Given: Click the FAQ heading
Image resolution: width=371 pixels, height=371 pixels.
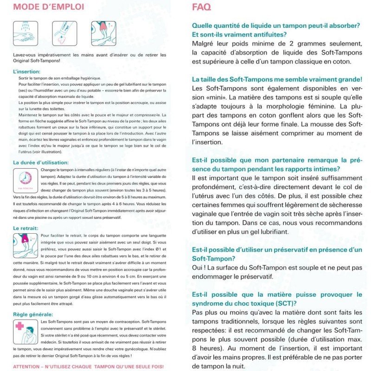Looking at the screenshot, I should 201,6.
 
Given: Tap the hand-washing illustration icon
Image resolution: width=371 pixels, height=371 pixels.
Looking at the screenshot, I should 25,32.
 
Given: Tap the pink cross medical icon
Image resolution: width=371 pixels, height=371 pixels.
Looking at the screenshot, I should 19,327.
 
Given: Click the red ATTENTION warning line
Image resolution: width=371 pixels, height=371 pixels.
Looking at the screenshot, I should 88,366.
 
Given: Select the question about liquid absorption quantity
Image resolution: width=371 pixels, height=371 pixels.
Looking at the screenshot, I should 276,30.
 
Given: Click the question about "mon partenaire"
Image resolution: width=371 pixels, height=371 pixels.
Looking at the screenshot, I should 276,164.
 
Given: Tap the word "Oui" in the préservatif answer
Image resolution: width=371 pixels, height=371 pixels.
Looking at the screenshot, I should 198,268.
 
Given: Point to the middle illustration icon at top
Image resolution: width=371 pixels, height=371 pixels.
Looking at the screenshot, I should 64,32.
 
